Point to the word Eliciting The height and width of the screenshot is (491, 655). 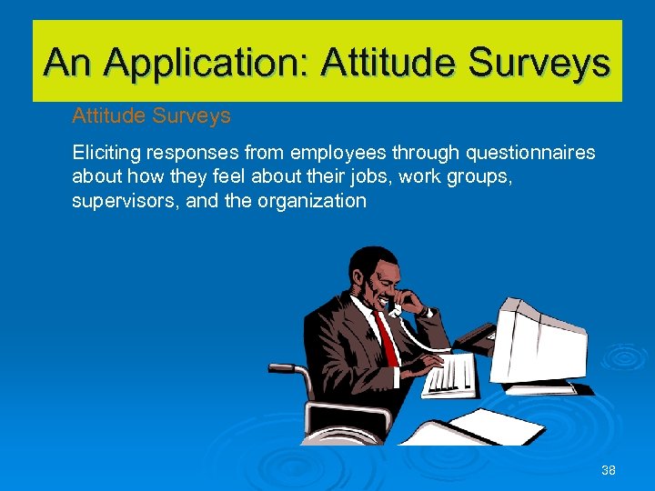(x=104, y=153)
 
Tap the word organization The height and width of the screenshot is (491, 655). (x=311, y=201)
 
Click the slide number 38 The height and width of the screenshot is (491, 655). (x=609, y=470)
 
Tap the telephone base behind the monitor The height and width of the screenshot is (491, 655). (x=476, y=339)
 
